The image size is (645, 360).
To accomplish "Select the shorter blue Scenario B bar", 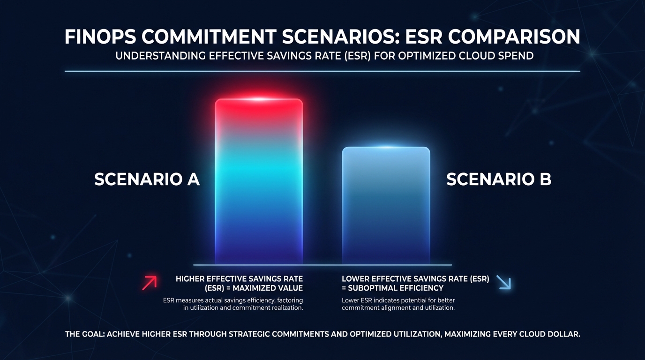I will pyautogui.click(x=386, y=206).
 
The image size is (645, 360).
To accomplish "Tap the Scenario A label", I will pyautogui.click(x=147, y=180).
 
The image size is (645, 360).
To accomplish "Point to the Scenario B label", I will pyautogui.click(x=499, y=180).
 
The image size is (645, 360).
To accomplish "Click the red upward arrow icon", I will pyautogui.click(x=149, y=283).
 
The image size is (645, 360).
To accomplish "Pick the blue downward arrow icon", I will pyautogui.click(x=503, y=282).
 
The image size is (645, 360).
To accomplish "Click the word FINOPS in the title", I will pyautogui.click(x=99, y=37).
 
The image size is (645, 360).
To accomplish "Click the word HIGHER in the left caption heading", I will pyautogui.click(x=191, y=279).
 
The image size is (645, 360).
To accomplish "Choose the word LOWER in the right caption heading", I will pyautogui.click(x=357, y=279).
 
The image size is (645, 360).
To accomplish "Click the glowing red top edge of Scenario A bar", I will pyautogui.click(x=259, y=100).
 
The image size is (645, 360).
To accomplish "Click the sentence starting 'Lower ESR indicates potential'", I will pyautogui.click(x=398, y=304).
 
